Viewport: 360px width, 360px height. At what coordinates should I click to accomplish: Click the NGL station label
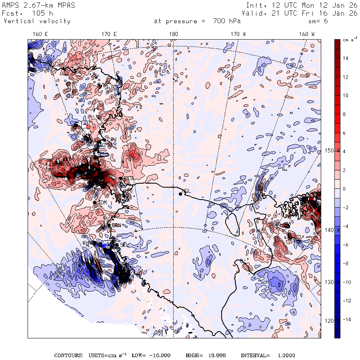(x=186, y=191)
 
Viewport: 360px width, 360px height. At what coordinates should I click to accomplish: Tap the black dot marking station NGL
(x=180, y=194)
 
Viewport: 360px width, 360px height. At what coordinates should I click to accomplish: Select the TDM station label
(x=102, y=203)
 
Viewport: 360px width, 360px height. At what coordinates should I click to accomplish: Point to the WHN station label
(x=88, y=243)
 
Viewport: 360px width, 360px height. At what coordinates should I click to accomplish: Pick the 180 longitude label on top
(x=173, y=34)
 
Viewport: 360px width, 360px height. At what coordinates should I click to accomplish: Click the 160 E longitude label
(x=40, y=34)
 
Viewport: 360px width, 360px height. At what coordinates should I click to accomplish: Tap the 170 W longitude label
(x=239, y=34)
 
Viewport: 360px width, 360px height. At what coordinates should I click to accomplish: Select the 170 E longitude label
(x=109, y=34)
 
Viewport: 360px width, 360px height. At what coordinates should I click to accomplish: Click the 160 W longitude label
(x=307, y=34)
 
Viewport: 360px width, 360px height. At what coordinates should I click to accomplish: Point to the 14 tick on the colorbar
(x=345, y=58)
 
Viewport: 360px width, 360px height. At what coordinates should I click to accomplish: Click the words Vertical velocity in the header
(x=37, y=21)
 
